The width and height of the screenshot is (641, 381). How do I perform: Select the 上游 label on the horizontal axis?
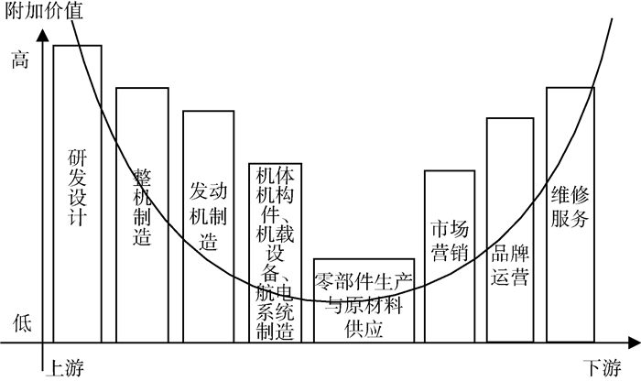click(x=63, y=366)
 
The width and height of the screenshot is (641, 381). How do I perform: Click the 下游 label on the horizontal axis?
click(x=602, y=366)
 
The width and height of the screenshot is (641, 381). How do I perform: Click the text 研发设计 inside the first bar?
click(x=77, y=187)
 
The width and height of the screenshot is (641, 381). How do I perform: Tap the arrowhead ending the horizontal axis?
click(x=634, y=343)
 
